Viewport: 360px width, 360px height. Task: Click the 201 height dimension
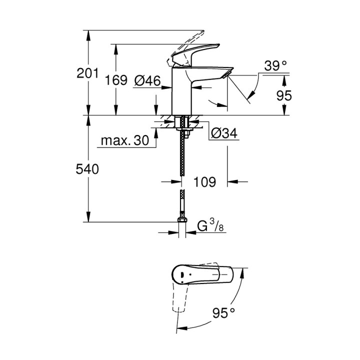87,74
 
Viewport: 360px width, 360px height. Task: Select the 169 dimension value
116,80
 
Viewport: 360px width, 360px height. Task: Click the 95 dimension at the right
283,95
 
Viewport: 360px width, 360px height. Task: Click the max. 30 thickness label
125,141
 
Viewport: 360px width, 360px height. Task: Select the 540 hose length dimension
87,169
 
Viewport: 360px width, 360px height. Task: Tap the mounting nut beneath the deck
183,132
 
